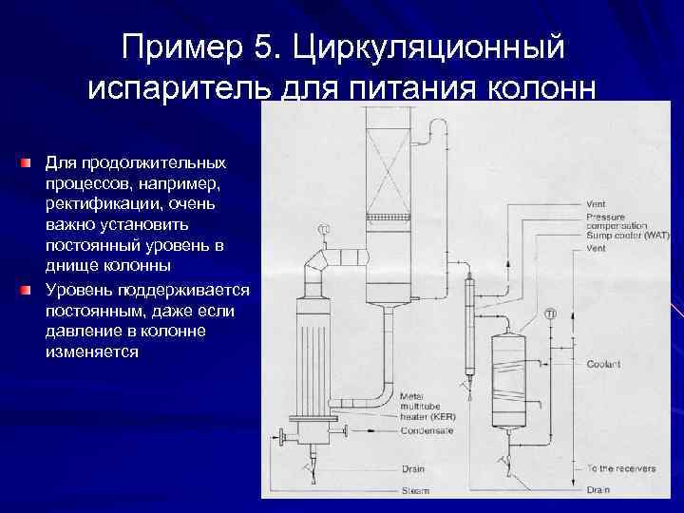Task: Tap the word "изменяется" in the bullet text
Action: [x=91, y=351]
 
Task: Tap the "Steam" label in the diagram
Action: [x=414, y=490]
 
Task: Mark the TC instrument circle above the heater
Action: [x=324, y=229]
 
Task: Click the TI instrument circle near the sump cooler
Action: [x=550, y=313]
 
